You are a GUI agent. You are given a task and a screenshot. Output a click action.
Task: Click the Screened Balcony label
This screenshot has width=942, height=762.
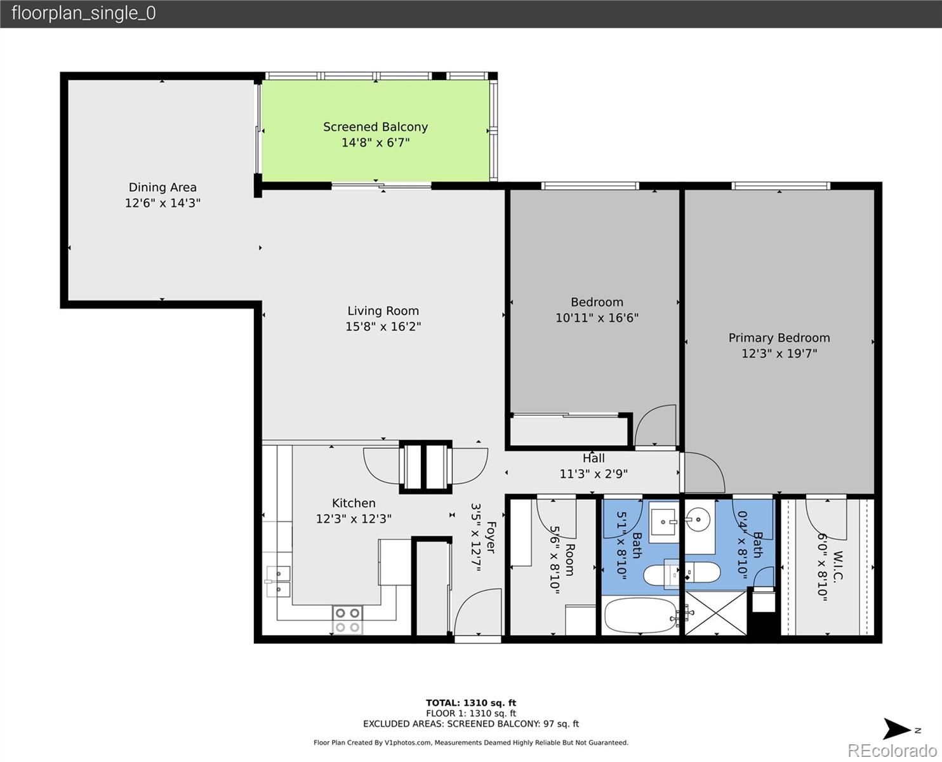(376, 127)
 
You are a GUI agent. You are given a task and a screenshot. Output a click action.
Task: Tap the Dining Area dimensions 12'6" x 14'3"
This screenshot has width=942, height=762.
(163, 203)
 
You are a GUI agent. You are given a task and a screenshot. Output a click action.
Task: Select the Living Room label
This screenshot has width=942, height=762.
(383, 311)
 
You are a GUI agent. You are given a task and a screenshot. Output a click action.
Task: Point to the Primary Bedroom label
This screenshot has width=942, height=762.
(779, 338)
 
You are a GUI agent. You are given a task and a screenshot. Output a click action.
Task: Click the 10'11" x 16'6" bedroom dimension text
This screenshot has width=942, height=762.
(597, 317)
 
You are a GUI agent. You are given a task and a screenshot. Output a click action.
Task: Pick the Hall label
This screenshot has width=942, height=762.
(594, 458)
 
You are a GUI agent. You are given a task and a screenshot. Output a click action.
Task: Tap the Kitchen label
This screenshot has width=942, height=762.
(354, 503)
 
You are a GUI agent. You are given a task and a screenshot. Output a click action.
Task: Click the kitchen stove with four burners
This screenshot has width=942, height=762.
(348, 620)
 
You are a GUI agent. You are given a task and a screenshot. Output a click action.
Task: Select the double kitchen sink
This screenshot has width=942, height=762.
(278, 582)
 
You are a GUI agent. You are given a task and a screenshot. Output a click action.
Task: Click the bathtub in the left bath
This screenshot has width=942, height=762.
(639, 615)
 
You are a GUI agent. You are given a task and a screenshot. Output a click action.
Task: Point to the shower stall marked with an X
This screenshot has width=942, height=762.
(715, 613)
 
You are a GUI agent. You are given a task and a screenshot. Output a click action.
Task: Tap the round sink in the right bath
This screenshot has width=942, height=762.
(698, 520)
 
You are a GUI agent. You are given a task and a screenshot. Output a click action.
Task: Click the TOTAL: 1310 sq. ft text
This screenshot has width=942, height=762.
(471, 703)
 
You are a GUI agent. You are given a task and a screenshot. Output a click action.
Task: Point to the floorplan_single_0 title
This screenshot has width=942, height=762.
(84, 13)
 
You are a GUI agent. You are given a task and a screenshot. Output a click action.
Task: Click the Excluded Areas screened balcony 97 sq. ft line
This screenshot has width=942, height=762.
(471, 724)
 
